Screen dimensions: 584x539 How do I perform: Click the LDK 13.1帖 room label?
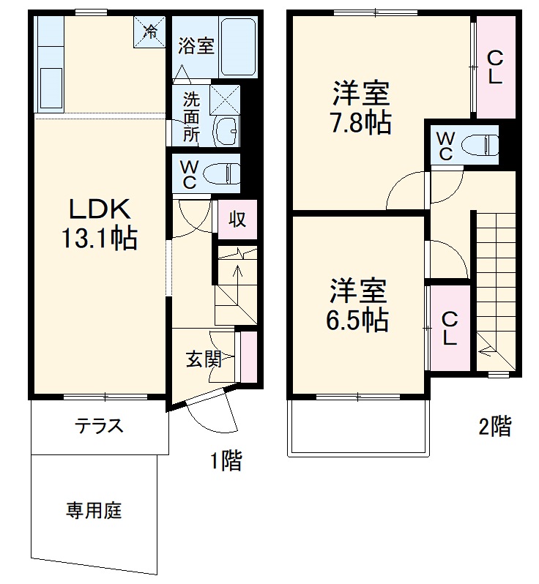pyautogui.click(x=100, y=224)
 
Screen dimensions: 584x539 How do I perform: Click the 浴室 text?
pyautogui.click(x=196, y=45)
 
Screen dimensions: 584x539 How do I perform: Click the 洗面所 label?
pyautogui.click(x=191, y=116)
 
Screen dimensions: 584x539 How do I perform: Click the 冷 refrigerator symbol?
pyautogui.click(x=149, y=31)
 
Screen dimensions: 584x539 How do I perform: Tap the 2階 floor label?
pyautogui.click(x=495, y=426)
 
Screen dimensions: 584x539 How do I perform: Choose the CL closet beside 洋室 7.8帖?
pyautogui.click(x=495, y=67)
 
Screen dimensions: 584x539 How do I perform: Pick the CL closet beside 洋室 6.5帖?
pyautogui.click(x=450, y=327)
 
